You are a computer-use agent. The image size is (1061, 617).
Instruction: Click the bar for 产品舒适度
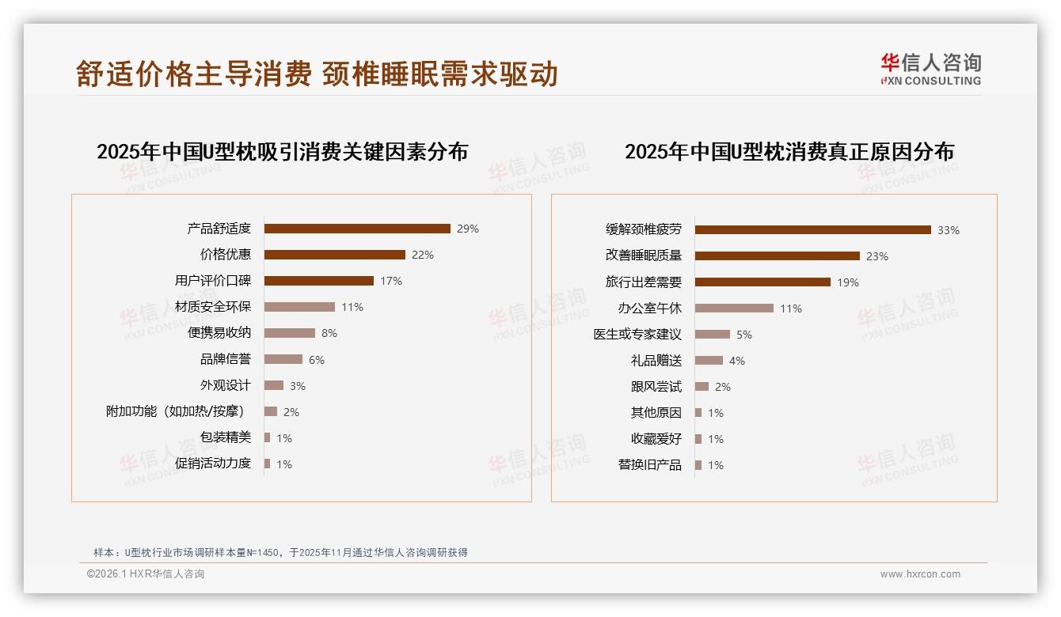357,229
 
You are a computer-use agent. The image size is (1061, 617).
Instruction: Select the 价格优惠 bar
334,255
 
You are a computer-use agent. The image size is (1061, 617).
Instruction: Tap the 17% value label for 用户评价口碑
391,281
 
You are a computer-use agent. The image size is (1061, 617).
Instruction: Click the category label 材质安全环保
213,307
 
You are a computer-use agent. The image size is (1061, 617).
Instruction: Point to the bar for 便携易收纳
289,333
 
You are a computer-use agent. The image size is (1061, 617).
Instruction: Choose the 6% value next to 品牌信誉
317,360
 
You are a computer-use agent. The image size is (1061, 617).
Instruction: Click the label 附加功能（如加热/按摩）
175,411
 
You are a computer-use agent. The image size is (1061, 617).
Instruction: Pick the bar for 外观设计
273,385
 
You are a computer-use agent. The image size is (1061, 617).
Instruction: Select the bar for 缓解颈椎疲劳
813,230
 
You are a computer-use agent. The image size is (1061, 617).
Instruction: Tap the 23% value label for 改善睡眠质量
877,256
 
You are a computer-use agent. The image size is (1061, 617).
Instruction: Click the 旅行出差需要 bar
762,282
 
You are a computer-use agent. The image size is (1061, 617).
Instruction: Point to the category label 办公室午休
649,308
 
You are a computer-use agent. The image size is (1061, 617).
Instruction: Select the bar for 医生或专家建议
713,335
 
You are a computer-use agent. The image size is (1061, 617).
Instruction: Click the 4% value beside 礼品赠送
737,361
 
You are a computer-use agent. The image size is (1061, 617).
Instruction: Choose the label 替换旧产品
649,465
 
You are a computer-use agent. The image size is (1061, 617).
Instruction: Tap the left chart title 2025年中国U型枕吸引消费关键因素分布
283,151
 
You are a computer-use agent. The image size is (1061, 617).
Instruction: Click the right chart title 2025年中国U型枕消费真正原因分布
789,151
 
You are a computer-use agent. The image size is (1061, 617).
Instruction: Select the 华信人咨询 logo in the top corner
930,69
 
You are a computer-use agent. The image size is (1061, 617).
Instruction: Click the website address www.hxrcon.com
920,574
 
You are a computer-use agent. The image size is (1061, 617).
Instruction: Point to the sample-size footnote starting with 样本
280,552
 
